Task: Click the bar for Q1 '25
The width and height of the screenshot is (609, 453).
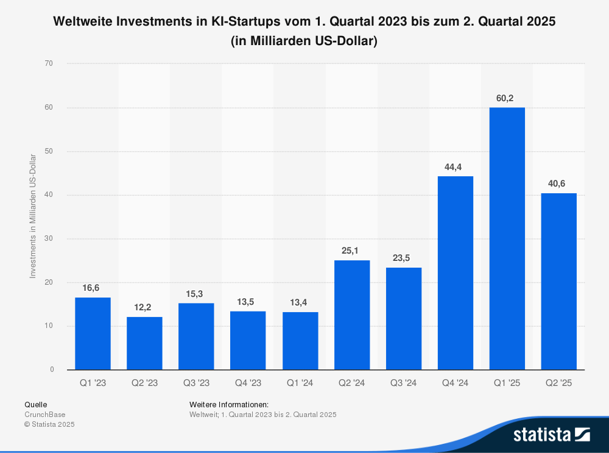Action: tap(507, 238)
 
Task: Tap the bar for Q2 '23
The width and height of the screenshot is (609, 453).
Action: tap(144, 343)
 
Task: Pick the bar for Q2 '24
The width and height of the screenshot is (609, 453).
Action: tap(352, 315)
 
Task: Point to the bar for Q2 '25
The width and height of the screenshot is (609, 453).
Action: tap(558, 281)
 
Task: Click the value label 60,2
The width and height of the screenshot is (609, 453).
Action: tap(507, 98)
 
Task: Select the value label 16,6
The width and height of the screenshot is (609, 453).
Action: tap(93, 288)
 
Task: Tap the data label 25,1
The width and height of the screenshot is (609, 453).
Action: tap(352, 251)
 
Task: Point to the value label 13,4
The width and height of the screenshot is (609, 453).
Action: tap(300, 302)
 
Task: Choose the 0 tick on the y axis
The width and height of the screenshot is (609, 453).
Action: tap(52, 370)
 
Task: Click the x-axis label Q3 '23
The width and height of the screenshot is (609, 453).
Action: tap(196, 383)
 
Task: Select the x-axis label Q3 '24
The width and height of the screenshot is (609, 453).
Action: tap(403, 383)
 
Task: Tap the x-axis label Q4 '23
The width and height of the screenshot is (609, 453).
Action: tap(248, 383)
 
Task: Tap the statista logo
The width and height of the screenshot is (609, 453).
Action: tap(551, 434)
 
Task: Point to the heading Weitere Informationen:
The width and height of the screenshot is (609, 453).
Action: tap(229, 404)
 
